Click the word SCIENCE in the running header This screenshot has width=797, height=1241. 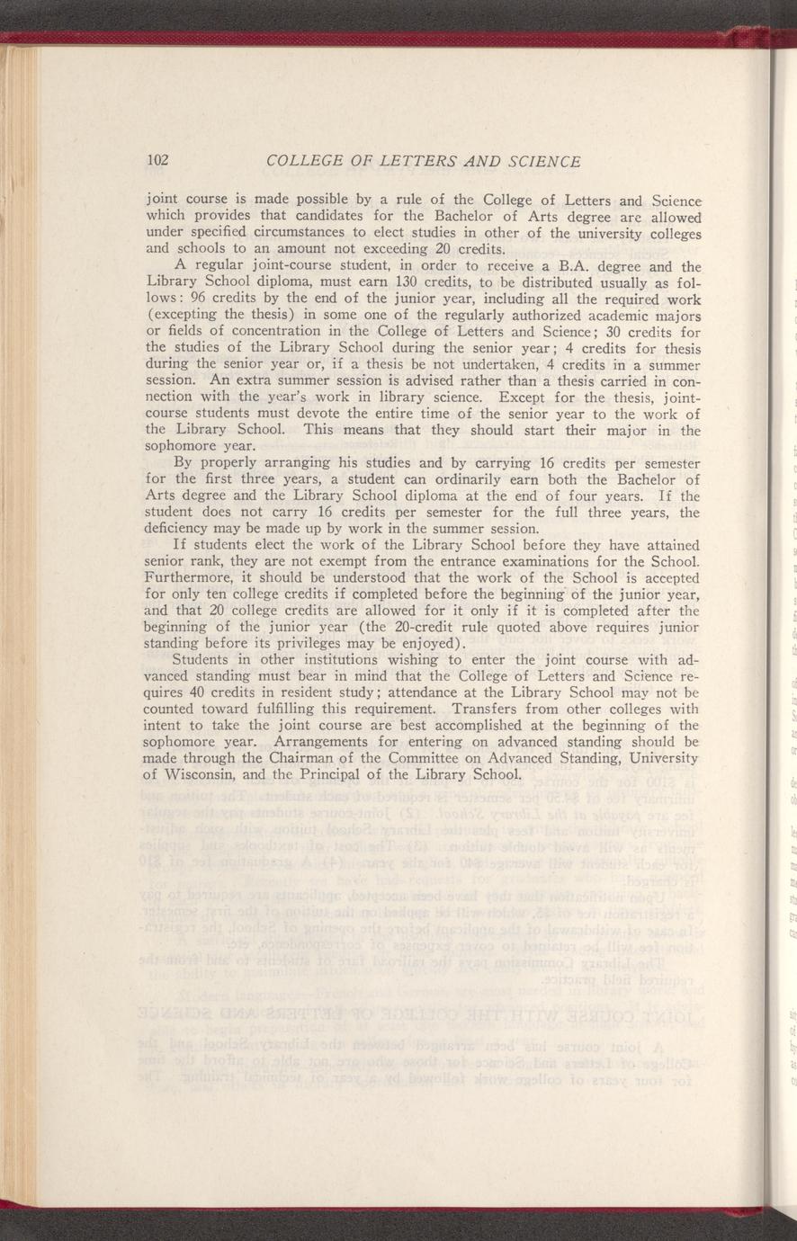[x=536, y=161]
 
